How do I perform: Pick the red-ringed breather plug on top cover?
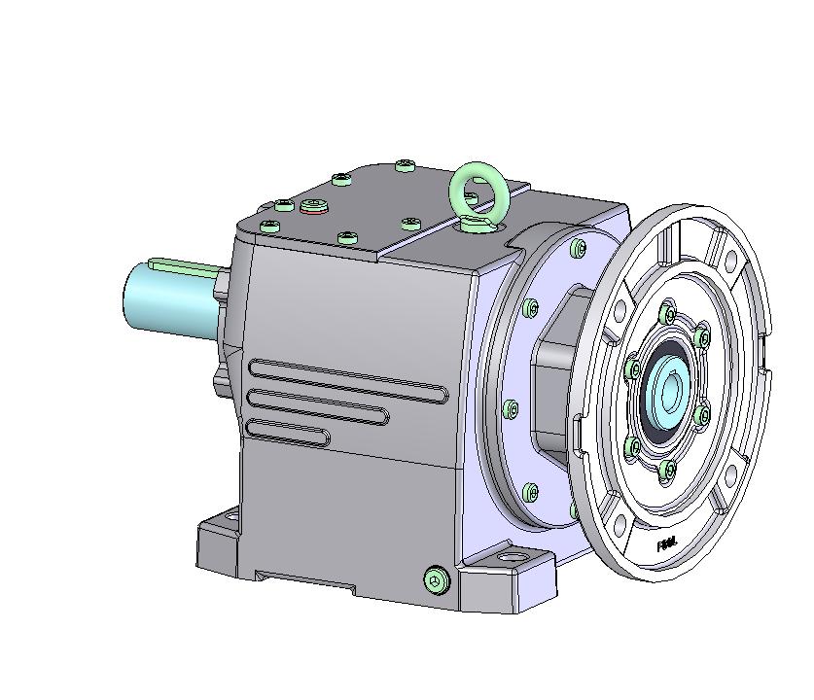point(313,205)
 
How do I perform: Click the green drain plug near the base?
point(437,580)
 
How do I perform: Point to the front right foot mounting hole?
point(512,561)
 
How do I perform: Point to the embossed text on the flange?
point(668,546)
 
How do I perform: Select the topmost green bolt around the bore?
point(667,314)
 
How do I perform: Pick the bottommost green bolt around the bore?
point(667,471)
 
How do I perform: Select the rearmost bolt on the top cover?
point(406,165)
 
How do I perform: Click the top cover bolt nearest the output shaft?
point(269,226)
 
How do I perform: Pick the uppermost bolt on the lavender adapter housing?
point(580,250)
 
